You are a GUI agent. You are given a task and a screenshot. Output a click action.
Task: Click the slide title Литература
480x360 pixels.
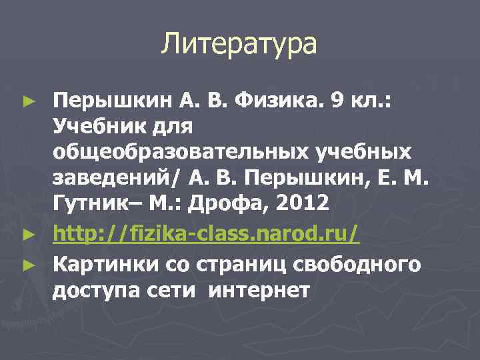click(239, 45)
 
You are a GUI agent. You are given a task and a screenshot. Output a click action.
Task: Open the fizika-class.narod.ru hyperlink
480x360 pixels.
click(206, 234)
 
